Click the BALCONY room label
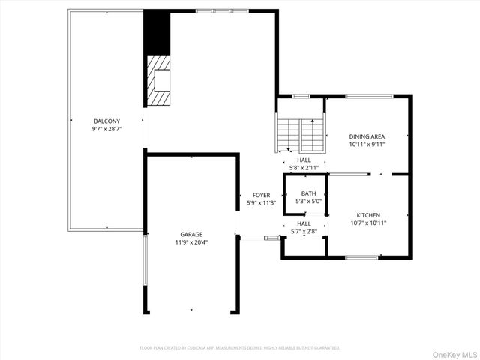point(105,121)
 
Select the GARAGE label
point(190,234)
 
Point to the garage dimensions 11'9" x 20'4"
point(190,242)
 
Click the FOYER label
point(261,195)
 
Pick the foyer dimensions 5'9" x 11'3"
point(262,203)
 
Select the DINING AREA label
point(367,136)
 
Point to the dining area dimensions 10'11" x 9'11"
point(367,145)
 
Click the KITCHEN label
point(368,214)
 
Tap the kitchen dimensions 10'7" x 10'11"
point(368,222)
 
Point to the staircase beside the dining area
point(300,135)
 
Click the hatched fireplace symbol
point(158,81)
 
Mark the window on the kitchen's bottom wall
point(361,258)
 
